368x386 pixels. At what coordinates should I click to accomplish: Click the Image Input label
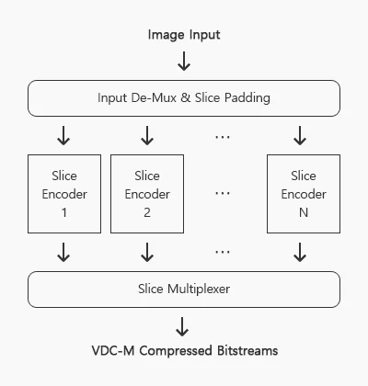coord(184,35)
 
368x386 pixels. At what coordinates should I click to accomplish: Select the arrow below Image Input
coord(184,62)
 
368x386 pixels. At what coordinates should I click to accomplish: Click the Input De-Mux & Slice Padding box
coord(184,98)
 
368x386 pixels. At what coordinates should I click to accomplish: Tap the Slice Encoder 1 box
coord(64,194)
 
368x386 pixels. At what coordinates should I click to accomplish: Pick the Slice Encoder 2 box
coord(147,194)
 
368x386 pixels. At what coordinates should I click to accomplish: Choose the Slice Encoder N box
coord(304,194)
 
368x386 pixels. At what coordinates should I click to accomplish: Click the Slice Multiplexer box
coord(184,289)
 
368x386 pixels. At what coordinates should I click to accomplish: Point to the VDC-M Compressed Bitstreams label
coord(185,351)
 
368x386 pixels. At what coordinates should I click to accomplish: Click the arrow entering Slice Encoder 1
coord(63,135)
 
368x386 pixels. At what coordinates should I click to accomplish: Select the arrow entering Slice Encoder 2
coord(147,135)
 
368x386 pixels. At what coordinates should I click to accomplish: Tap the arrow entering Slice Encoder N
coord(300,135)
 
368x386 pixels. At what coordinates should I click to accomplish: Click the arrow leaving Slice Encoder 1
coord(63,253)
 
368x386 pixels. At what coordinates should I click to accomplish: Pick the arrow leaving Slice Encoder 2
coord(147,253)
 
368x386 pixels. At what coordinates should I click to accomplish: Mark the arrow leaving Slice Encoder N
coord(300,253)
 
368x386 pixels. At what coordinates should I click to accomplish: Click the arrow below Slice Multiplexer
coord(182,327)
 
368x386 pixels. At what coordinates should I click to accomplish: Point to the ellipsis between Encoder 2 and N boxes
coord(223,193)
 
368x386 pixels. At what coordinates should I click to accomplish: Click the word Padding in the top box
coord(247,98)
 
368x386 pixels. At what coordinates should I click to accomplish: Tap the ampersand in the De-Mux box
coord(186,97)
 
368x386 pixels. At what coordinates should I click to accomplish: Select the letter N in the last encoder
coord(304,212)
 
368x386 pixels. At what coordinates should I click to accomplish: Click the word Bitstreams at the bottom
coord(247,350)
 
